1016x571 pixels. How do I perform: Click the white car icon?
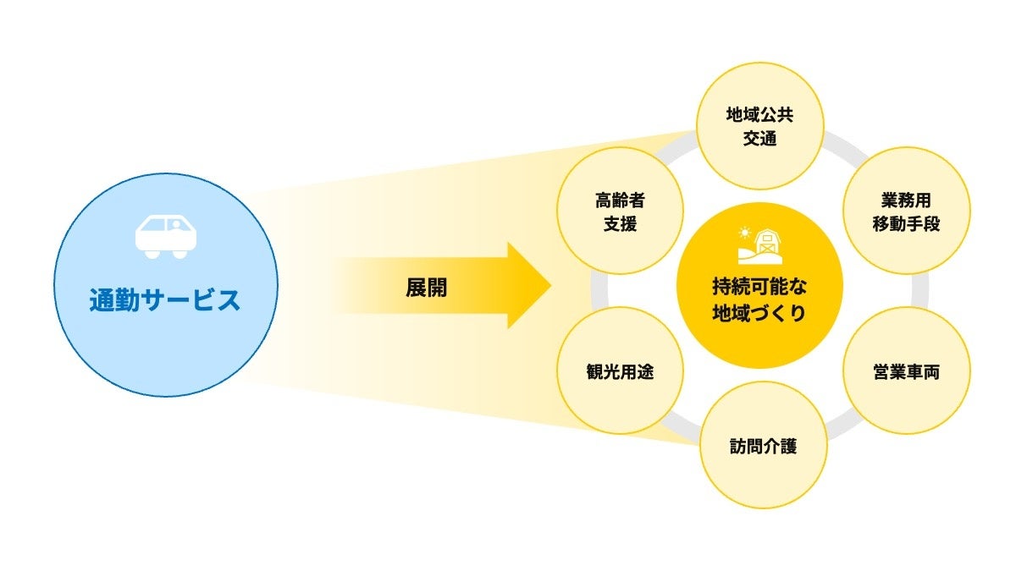pyautogui.click(x=166, y=237)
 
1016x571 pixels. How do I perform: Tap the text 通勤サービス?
pyautogui.click(x=164, y=300)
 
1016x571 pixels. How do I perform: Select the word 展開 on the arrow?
pyautogui.click(x=427, y=288)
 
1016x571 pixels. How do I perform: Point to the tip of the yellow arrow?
pyautogui.click(x=551, y=286)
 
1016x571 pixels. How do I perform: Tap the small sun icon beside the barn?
pyautogui.click(x=744, y=233)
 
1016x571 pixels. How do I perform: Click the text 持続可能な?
pyautogui.click(x=759, y=287)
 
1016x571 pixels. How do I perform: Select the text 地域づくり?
pyautogui.click(x=759, y=313)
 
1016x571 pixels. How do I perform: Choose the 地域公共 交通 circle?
pyautogui.click(x=760, y=126)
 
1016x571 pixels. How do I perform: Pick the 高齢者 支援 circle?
pyautogui.click(x=620, y=211)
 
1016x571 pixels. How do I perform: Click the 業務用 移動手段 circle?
pyautogui.click(x=907, y=211)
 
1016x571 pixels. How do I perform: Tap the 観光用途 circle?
pyautogui.click(x=620, y=371)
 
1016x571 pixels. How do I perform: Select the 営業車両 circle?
pyautogui.click(x=907, y=371)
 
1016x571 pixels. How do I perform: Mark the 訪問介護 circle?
pyautogui.click(x=764, y=445)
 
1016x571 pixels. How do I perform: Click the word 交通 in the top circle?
pyautogui.click(x=760, y=139)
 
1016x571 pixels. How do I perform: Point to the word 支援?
pyautogui.click(x=620, y=224)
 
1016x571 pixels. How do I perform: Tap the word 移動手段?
pyautogui.click(x=906, y=224)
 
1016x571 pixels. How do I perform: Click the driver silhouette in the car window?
pyautogui.click(x=175, y=225)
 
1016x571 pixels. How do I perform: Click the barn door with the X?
pyautogui.click(x=767, y=250)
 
